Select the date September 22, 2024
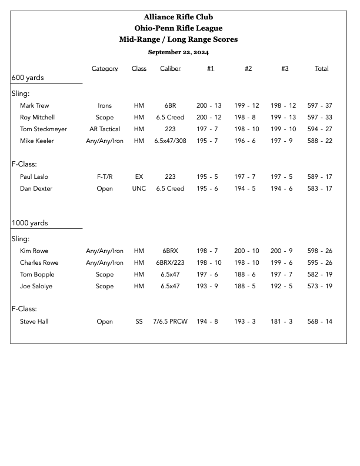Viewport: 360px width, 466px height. point(178,52)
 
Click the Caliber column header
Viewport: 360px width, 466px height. point(170,69)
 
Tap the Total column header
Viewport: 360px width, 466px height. point(321,69)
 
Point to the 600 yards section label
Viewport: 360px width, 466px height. point(28,78)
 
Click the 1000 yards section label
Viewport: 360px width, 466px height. point(30,223)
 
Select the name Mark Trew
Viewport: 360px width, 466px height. point(35,106)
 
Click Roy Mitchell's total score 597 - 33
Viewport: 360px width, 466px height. point(319,118)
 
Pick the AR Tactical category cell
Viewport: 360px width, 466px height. point(105,129)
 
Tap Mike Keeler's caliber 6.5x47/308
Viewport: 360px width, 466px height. point(170,141)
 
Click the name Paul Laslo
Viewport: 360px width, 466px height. point(34,177)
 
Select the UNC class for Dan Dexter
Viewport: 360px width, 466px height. point(139,189)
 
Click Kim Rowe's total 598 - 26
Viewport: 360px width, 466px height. point(319,251)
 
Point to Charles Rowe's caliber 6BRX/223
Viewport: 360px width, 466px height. point(170,263)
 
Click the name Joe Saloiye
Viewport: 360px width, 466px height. point(36,287)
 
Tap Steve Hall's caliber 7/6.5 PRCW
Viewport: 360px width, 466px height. point(170,322)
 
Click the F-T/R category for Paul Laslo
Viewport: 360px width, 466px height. point(105,177)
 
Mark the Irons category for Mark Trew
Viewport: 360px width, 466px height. point(105,106)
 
